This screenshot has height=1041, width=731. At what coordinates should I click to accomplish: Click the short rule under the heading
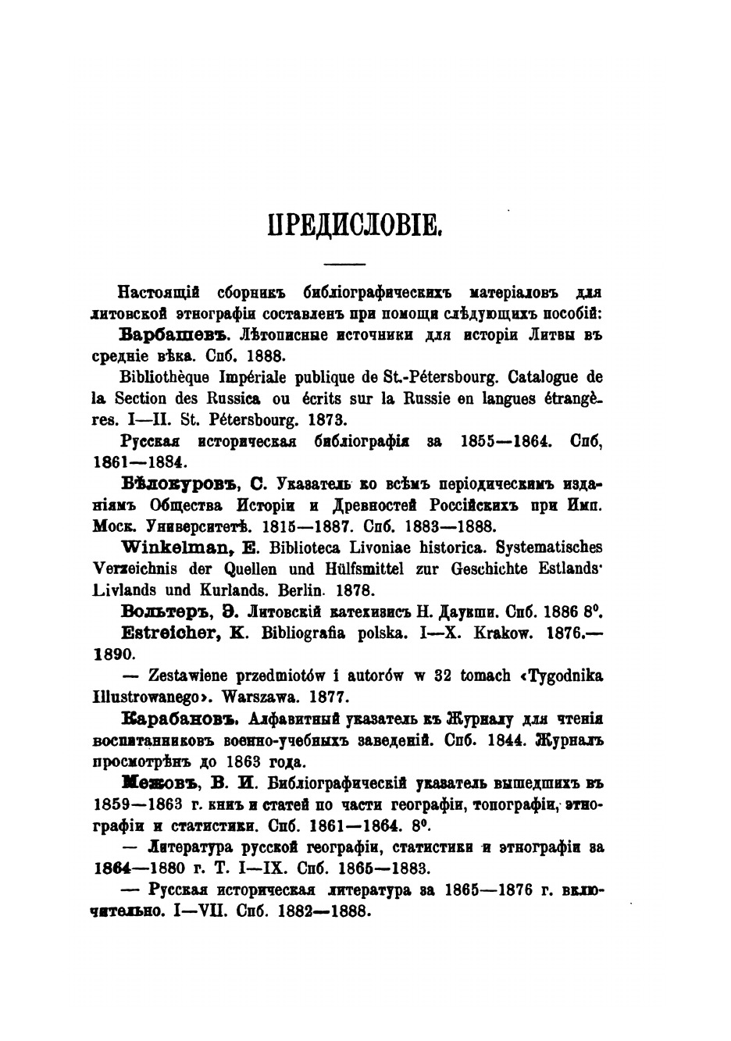pos(344,262)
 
